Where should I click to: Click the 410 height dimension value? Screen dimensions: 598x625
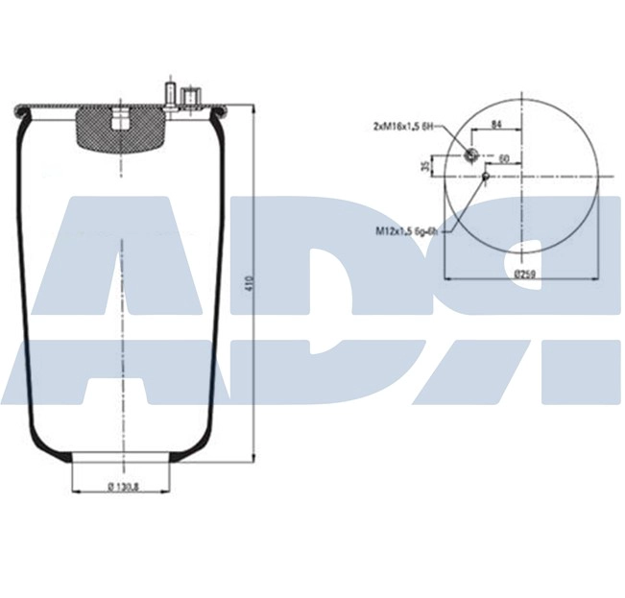[x=249, y=283]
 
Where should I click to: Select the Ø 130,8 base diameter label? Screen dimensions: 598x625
[x=123, y=486]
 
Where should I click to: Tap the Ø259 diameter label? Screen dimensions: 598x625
[x=524, y=274]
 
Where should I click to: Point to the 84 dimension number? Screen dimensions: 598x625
[x=496, y=125]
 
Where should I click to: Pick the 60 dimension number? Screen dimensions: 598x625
[x=502, y=157]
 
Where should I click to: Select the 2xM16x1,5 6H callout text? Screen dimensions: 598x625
[x=404, y=126]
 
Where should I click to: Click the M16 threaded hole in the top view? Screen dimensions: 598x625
[x=470, y=155]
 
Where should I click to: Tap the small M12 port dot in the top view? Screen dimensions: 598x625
[x=486, y=176]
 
